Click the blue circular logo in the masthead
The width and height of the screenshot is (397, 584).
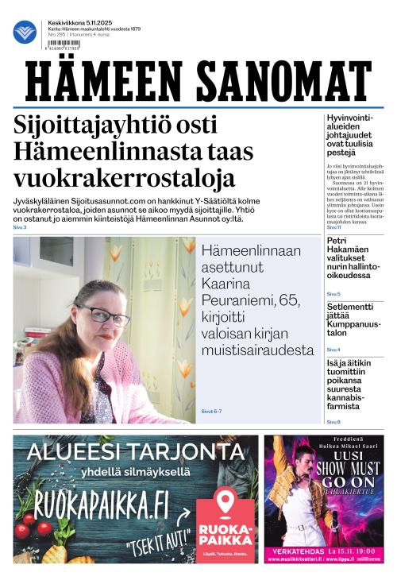[x=25, y=32]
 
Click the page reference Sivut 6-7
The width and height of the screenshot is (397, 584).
[x=211, y=411]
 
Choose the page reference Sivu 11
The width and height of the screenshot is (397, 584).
[x=334, y=227]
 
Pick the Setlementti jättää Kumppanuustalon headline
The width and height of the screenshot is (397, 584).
[x=353, y=322]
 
